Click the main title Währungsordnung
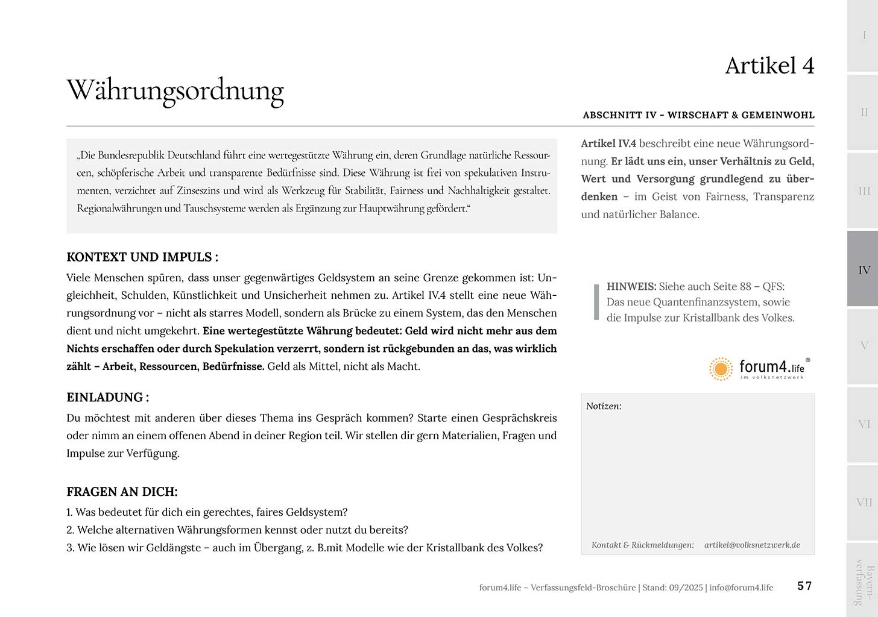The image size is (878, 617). pos(175,90)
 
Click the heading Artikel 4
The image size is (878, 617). pos(769,66)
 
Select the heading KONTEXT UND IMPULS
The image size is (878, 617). pos(142,257)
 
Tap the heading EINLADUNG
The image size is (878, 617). pos(107,398)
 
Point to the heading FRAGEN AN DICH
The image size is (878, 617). pos(122,492)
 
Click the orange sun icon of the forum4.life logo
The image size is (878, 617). pos(721,369)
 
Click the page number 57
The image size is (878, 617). pos(804,586)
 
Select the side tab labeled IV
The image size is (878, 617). pos(864,270)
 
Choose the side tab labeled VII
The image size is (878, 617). pos(864,503)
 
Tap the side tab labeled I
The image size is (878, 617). pos(864,36)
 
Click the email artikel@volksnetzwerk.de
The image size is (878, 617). pos(752,545)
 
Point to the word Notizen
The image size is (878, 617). pos(604,406)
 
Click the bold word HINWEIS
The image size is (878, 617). pos(631,287)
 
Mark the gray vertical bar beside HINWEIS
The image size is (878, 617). pos(596,302)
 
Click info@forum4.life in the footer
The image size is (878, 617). pos(741,587)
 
